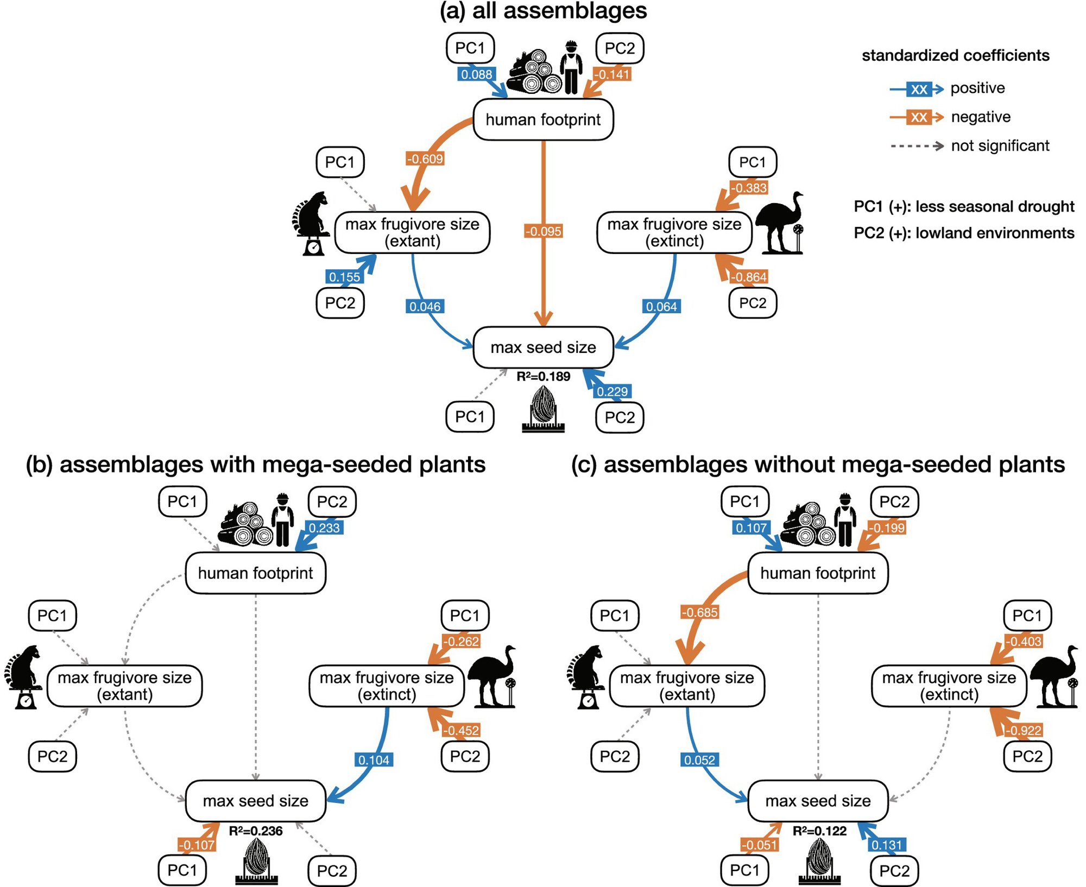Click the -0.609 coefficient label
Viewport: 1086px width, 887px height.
tap(425, 159)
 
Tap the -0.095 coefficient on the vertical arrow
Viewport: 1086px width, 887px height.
tap(543, 231)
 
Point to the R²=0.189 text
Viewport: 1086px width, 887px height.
tap(543, 376)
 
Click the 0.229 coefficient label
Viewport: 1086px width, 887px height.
tap(612, 391)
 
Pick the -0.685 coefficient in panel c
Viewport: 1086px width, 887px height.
tap(700, 612)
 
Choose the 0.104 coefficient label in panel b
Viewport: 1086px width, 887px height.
tap(374, 759)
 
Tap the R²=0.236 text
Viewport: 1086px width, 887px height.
tap(255, 831)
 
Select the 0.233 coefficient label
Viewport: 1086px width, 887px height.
tap(324, 528)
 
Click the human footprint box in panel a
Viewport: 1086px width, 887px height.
tap(543, 119)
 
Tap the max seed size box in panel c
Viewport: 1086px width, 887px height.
tap(818, 801)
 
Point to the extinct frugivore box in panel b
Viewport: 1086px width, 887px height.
tap(387, 686)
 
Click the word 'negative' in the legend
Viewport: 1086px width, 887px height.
tap(981, 117)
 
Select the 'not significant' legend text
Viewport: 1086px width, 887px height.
tap(1000, 145)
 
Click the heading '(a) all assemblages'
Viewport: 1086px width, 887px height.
tap(543, 11)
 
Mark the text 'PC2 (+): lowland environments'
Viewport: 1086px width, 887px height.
tap(964, 233)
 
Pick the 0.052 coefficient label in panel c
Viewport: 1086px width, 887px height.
tap(699, 759)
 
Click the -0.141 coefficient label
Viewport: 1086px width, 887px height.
tap(612, 74)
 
